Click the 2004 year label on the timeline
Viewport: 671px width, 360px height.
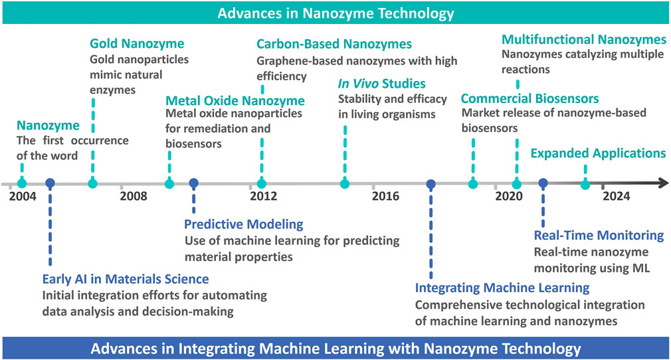point(23,196)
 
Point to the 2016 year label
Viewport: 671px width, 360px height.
point(385,196)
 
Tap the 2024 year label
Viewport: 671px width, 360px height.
point(617,196)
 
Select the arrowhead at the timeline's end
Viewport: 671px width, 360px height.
point(663,183)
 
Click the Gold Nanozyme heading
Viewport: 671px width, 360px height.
point(137,43)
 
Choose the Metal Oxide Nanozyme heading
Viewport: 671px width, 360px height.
point(235,100)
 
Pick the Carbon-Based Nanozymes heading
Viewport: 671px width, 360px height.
point(334,44)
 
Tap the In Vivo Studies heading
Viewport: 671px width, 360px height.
point(382,84)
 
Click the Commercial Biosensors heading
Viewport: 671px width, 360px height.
point(529,98)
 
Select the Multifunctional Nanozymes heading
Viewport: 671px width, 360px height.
point(584,39)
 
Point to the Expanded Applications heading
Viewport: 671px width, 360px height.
point(598,153)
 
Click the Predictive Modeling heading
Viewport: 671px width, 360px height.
point(244,224)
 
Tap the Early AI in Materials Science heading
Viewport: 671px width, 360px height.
point(126,279)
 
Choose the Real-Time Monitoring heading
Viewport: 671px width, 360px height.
point(599,235)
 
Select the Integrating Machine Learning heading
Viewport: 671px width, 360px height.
point(502,288)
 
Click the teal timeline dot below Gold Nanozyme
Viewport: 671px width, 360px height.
point(92,183)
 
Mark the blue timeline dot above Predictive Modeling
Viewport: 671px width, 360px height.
point(194,183)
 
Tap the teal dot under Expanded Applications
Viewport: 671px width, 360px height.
point(585,185)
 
